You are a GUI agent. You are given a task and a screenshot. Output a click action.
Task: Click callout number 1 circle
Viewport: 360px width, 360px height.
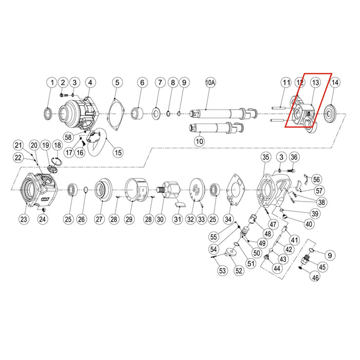pyautogui.click(x=51, y=82)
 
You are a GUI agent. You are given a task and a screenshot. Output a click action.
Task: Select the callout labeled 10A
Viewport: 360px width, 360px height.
pyautogui.click(x=210, y=82)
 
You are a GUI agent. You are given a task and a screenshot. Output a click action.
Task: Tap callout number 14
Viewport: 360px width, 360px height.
pyautogui.click(x=335, y=82)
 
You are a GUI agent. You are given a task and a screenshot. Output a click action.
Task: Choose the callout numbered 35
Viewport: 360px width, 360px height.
pyautogui.click(x=265, y=157)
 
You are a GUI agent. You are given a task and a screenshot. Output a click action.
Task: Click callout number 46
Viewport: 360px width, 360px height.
pyautogui.click(x=315, y=277)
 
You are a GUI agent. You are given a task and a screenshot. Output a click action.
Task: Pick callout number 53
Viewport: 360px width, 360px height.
pyautogui.click(x=222, y=271)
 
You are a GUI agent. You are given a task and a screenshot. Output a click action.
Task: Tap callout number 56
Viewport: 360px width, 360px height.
pyautogui.click(x=316, y=179)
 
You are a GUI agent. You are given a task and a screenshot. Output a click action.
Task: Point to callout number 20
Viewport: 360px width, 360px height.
pyautogui.click(x=33, y=145)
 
